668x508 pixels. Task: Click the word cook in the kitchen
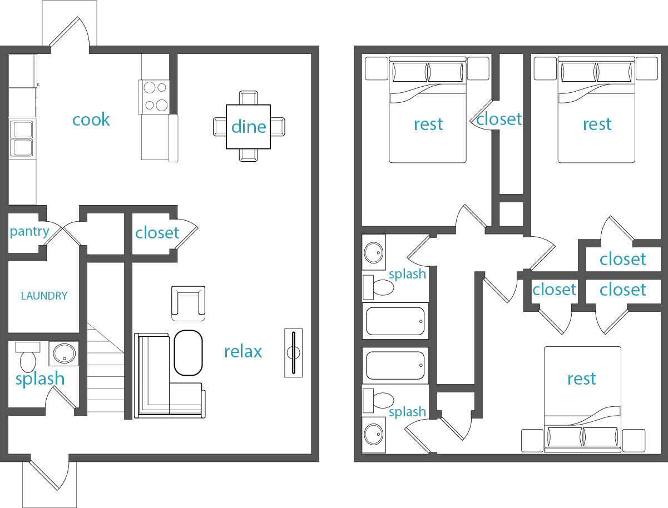click(91, 120)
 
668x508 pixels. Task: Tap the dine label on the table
click(249, 127)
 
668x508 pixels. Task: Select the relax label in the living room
click(243, 351)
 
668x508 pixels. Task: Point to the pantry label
click(29, 231)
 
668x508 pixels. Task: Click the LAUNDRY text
click(44, 296)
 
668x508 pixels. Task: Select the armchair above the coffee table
click(188, 302)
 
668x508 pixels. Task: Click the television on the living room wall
click(293, 353)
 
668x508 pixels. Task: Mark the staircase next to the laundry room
click(105, 370)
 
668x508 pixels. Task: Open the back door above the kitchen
click(70, 33)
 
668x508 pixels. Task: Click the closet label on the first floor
click(157, 232)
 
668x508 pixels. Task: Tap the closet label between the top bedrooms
click(499, 119)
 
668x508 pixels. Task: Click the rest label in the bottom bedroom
click(581, 378)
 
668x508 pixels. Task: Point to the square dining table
click(249, 127)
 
